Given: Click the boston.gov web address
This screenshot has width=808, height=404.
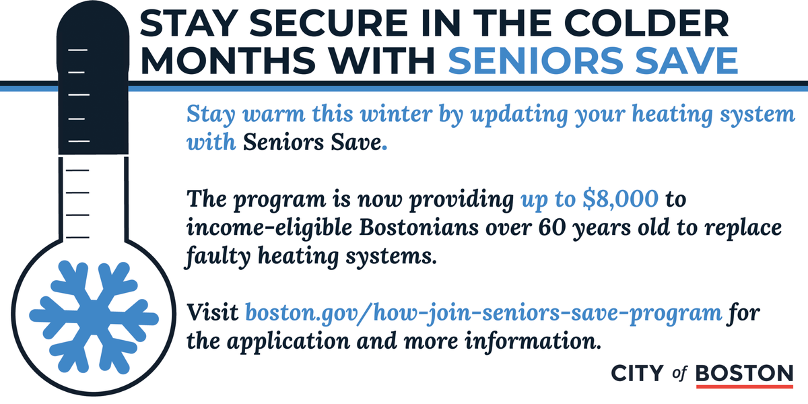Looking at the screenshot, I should [x=484, y=313].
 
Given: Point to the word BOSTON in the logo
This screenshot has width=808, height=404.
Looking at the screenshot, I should [x=745, y=373].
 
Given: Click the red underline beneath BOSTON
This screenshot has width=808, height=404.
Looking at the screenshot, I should [x=745, y=386].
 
